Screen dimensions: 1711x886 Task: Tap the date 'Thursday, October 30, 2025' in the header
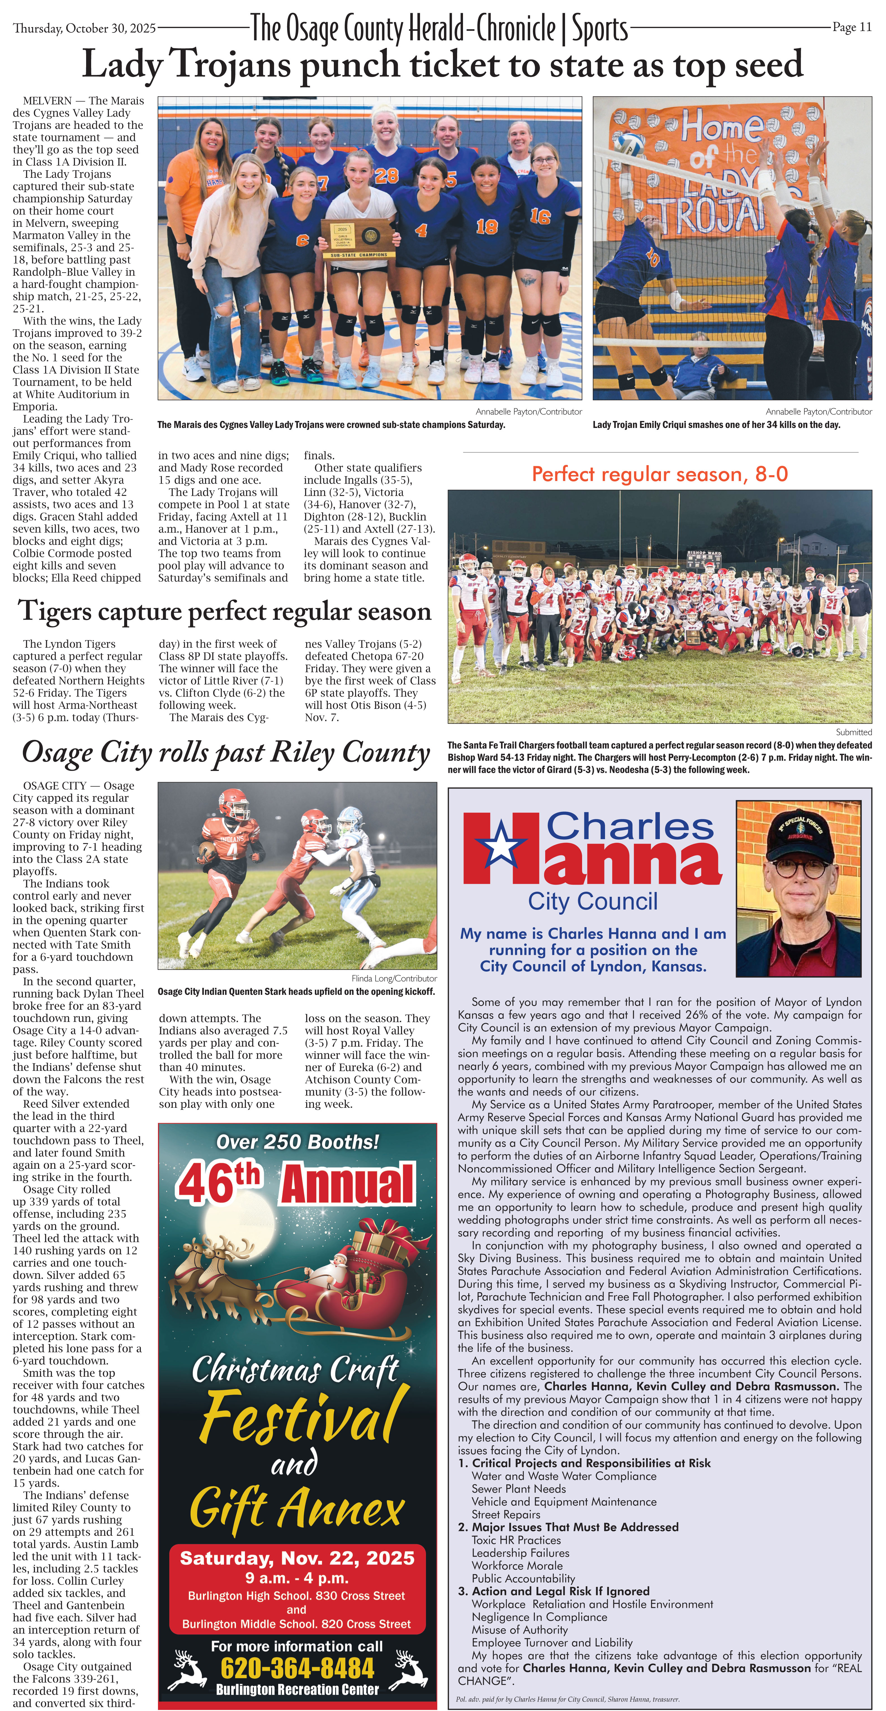pos(84,28)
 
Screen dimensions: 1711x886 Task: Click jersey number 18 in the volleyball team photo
pos(486,226)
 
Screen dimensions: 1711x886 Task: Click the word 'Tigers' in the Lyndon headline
pos(62,611)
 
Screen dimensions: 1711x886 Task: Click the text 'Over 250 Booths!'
pos(297,1142)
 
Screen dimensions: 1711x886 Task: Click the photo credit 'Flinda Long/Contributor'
pos(394,978)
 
